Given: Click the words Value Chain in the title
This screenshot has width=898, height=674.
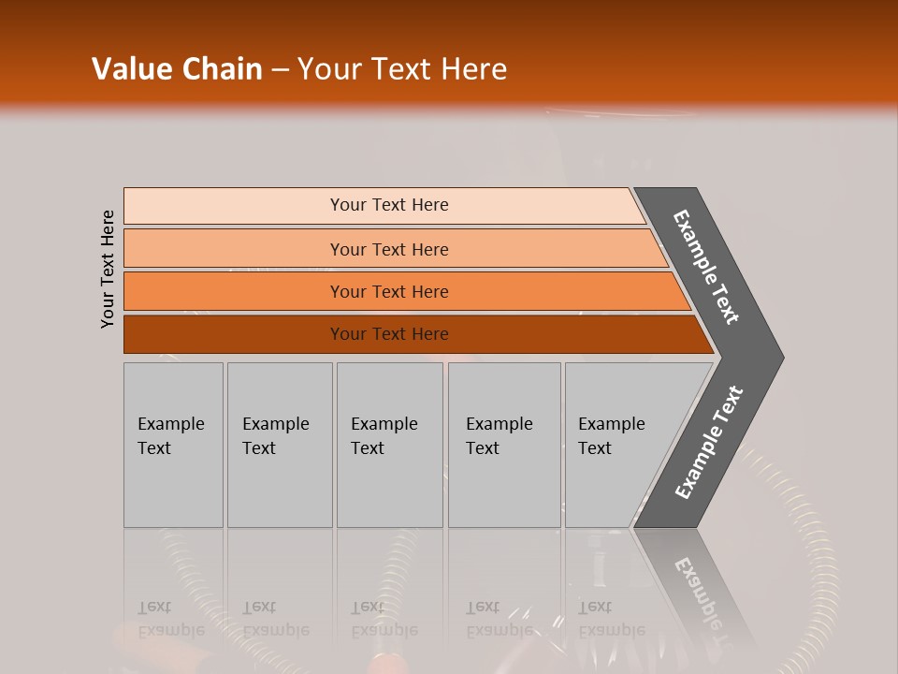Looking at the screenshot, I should pos(177,69).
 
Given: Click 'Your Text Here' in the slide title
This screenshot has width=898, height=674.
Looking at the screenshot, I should pos(402,69).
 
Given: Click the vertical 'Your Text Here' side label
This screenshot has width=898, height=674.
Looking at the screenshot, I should pos(108,269).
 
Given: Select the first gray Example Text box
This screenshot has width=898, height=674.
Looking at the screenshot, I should pos(173,445).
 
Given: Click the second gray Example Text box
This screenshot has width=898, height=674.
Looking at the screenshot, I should pos(280,445).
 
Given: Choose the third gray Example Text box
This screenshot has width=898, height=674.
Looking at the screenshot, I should pos(389,445).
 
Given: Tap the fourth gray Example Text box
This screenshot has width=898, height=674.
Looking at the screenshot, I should pos(504,445).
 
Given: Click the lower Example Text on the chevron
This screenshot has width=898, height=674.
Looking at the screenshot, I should pos(709,443).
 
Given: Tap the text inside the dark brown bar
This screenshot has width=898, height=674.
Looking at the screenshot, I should pos(389,334).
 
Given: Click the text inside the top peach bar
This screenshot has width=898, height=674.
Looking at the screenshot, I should pos(389,205).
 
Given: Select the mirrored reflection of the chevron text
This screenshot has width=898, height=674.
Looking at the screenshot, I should pos(702,599).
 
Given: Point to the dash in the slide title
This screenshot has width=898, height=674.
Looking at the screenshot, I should pos(280,70).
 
